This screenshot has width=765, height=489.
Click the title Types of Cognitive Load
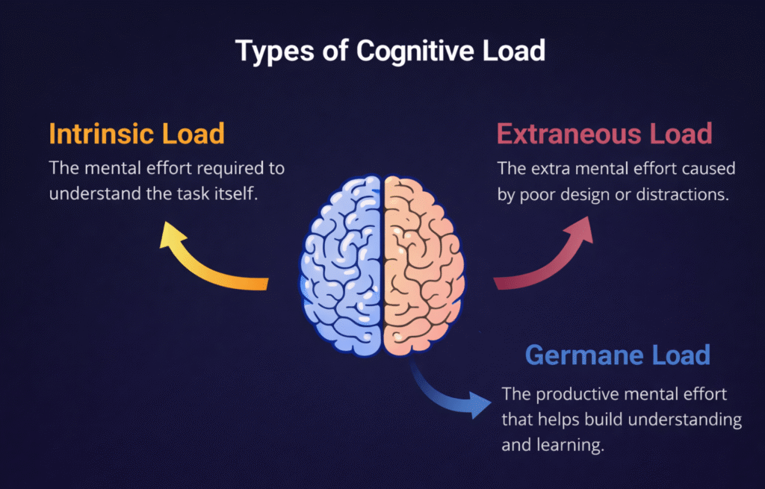[382, 51]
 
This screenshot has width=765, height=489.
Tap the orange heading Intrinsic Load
[137, 134]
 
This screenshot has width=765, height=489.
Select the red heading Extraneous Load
[604, 134]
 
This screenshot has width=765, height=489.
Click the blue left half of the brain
[344, 261]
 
